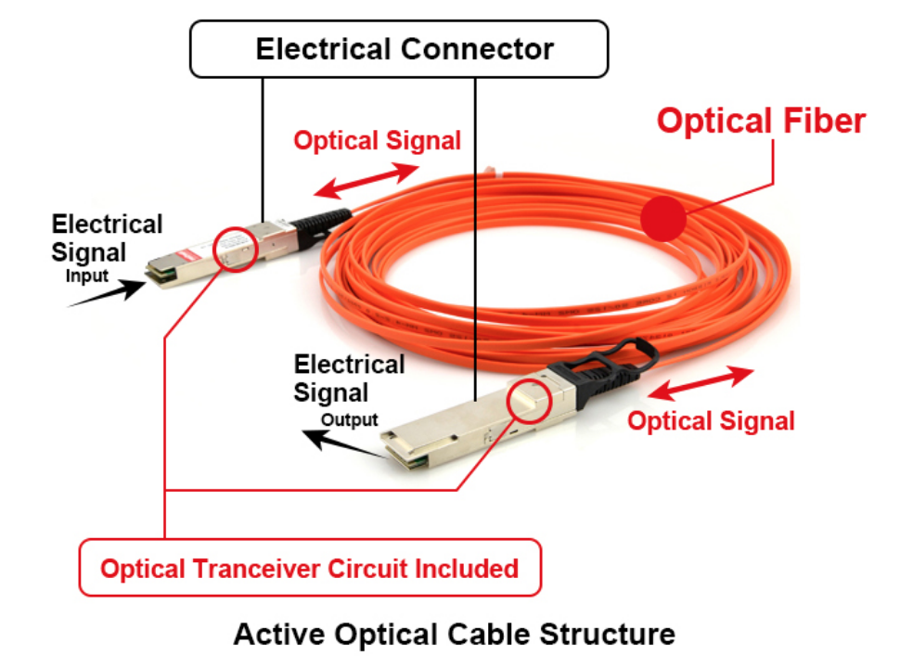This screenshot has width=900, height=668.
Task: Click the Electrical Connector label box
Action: coord(399,49)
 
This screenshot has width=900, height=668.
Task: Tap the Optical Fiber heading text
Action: coord(761,122)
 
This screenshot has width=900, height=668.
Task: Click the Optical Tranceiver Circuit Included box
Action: coord(309,568)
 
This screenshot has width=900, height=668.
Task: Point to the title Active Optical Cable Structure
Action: coord(454,635)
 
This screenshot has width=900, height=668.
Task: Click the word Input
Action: coord(86,276)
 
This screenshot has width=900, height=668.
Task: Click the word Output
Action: coord(349,419)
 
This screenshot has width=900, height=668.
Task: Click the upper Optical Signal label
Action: coord(377,141)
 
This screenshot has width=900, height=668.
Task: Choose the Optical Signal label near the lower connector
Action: coord(711,421)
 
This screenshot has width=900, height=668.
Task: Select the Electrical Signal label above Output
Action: coord(348,379)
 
